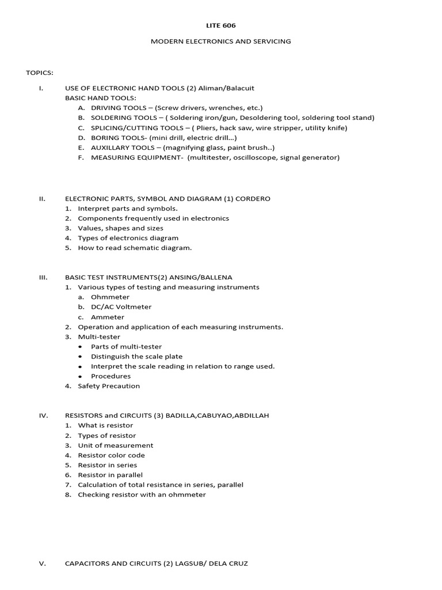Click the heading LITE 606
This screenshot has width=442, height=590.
[221, 25]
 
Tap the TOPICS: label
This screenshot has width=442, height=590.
[40, 73]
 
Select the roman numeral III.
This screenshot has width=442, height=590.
[43, 277]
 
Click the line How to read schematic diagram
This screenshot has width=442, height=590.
[135, 248]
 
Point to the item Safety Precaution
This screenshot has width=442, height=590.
[109, 386]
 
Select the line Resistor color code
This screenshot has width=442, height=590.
[111, 455]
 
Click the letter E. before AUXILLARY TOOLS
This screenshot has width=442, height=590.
[81, 147]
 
